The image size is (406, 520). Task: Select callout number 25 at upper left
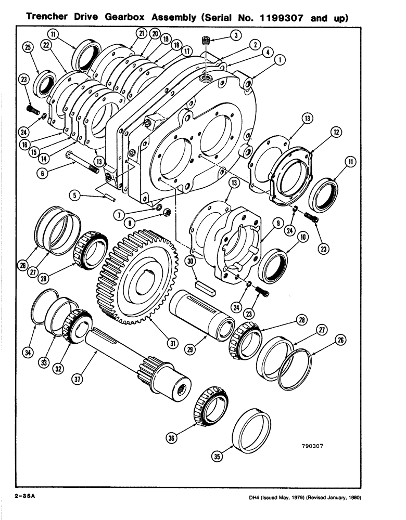[x=28, y=48]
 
